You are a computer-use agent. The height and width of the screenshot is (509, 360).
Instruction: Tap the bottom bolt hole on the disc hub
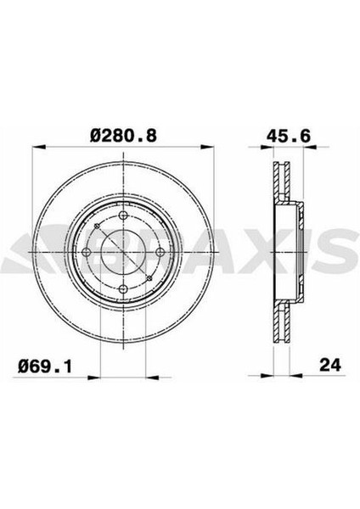click(x=124, y=290)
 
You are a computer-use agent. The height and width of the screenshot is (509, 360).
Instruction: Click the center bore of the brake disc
click(x=124, y=255)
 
